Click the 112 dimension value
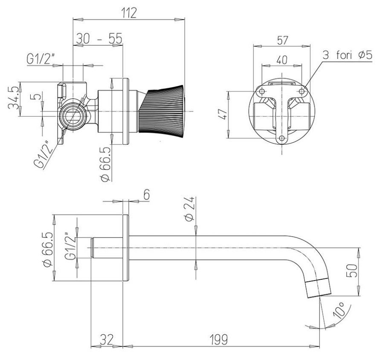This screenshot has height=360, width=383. pos(130,13)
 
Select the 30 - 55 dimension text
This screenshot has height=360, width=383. pos(99,38)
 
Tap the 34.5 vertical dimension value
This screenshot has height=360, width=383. pos(14,98)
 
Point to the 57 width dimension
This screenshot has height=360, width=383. pos(282,40)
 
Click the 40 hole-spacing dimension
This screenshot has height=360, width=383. pos(282,60)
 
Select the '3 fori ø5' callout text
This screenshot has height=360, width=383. pos(348,55)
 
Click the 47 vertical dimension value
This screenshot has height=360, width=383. pos(223,114)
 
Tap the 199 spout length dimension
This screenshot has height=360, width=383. pos(219,340)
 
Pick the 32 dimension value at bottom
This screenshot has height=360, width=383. pos(107,340)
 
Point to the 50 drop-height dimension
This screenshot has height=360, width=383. pos(352,270)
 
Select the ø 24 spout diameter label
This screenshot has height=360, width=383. pos(189,208)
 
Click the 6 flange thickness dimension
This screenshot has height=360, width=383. pos(146,195)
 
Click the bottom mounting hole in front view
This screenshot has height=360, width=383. pos(282,138)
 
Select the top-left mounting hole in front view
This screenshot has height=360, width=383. pos(262,91)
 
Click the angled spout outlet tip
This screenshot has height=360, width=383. pos(319,289)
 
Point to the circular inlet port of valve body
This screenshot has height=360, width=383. pos(73,115)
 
